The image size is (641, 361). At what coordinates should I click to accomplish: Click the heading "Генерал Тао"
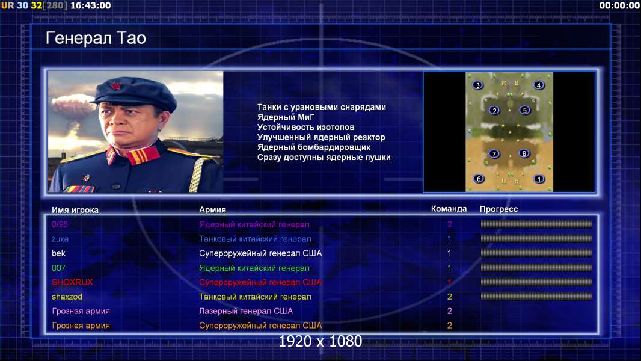96,38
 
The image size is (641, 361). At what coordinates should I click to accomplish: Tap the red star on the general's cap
116,86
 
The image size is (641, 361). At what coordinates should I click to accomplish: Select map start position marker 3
477,85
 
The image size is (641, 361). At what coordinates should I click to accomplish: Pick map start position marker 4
539,85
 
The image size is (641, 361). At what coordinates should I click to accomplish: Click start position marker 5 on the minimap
525,110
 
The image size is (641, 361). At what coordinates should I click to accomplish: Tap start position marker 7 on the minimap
494,153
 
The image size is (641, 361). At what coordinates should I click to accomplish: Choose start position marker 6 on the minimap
479,179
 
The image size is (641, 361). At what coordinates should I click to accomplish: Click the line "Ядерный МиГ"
286,117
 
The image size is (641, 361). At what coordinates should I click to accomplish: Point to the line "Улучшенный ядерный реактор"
321,137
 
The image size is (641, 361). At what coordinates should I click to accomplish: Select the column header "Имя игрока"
75,210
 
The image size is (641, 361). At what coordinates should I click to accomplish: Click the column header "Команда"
449,209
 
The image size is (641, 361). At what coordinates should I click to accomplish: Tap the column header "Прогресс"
498,209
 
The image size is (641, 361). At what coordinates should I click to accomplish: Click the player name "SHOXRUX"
72,282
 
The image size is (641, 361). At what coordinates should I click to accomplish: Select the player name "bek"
58,253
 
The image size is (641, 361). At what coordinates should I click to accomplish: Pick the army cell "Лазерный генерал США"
246,311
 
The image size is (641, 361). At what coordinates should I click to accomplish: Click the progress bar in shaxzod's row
536,297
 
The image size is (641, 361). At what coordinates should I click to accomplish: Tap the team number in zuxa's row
449,239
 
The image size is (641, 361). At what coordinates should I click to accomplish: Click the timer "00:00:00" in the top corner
619,6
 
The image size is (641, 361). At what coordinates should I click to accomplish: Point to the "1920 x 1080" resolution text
320,341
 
